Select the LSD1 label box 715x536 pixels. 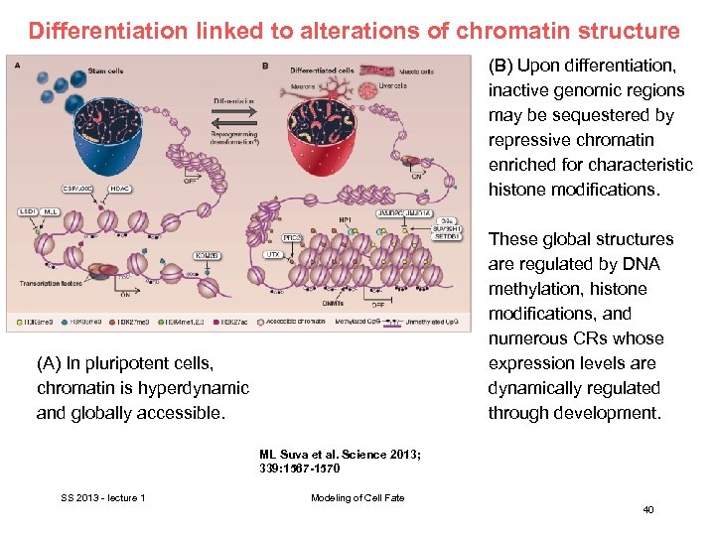click(x=26, y=210)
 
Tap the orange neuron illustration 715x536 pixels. click(x=324, y=90)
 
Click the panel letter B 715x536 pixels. click(x=265, y=67)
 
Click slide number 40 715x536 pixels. click(x=647, y=509)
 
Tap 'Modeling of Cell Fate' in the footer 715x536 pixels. click(x=357, y=497)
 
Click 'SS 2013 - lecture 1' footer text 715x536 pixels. click(x=102, y=497)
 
